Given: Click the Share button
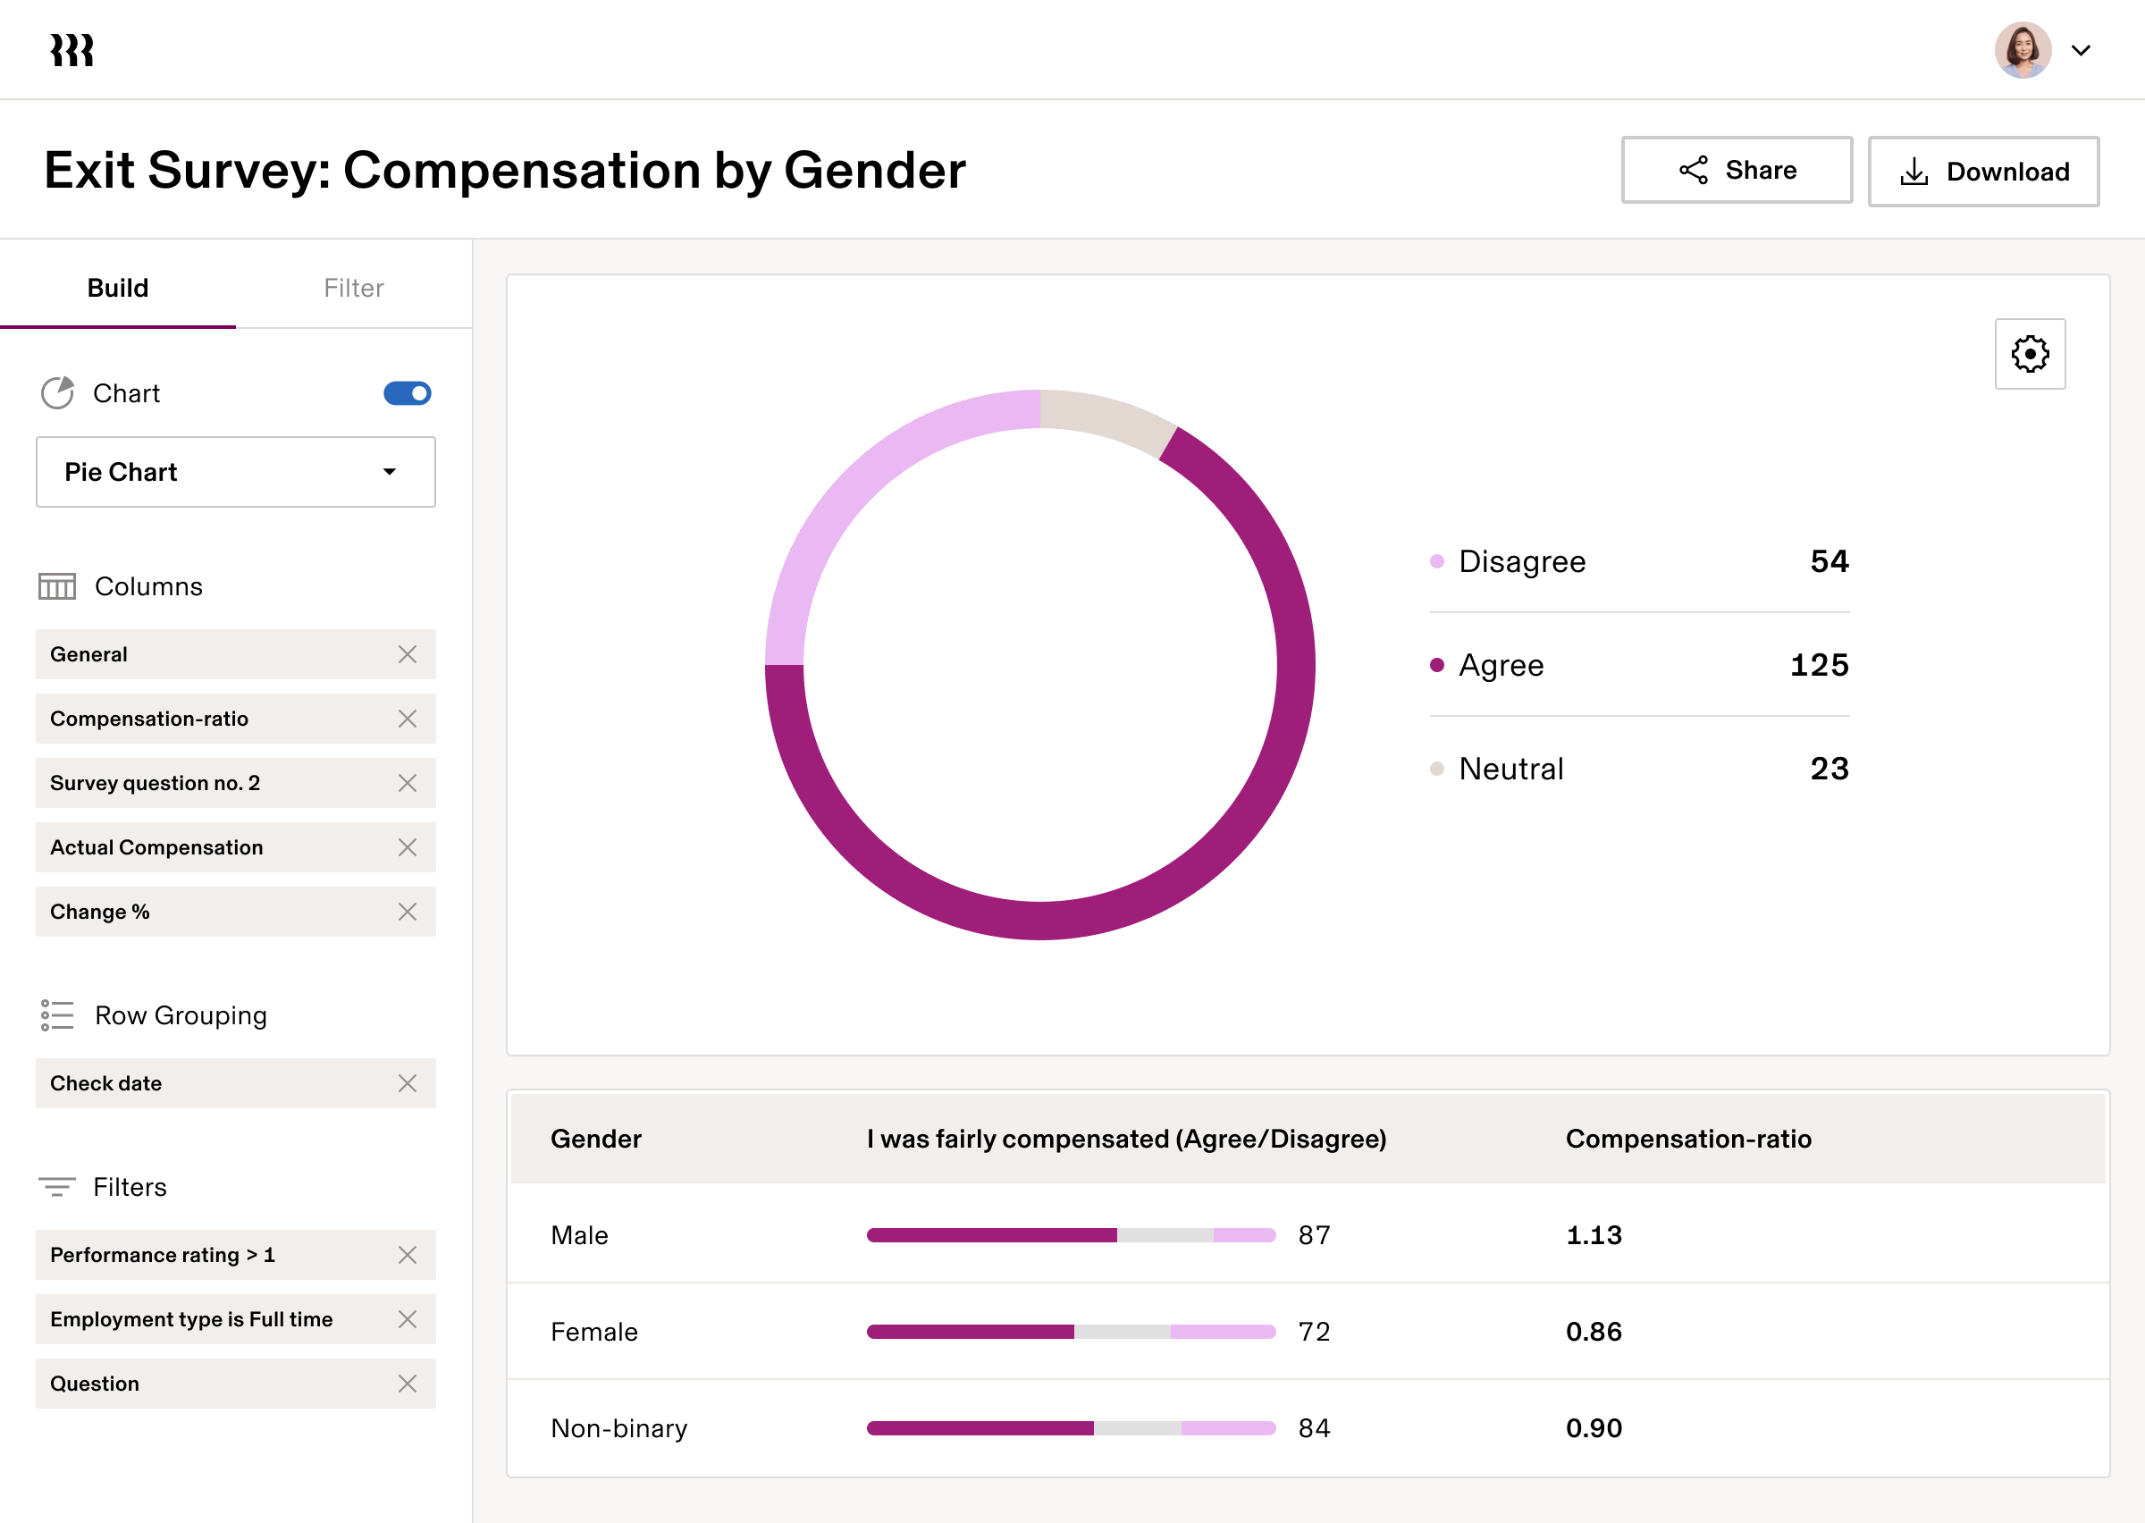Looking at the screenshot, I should (x=1737, y=170).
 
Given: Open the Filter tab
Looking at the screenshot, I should (x=353, y=288).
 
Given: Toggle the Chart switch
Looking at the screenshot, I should (x=407, y=393).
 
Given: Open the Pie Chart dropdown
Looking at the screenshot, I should (x=235, y=472).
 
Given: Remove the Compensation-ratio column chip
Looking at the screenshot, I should (x=407, y=719).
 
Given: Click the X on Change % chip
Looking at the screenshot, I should (x=407, y=912).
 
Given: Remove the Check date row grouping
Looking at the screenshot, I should (x=407, y=1083).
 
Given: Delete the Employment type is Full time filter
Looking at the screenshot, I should (x=407, y=1319).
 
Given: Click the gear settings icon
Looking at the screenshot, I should (x=2030, y=354).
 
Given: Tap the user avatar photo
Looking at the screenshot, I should (x=2023, y=51).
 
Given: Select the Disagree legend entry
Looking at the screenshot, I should (x=1521, y=562).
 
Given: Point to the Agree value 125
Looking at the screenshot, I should (x=1819, y=665).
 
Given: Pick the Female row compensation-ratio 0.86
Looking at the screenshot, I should (x=1593, y=1332).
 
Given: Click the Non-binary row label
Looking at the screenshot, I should (x=618, y=1428).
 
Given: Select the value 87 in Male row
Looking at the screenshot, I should (x=1314, y=1235).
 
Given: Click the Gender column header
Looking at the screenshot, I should (x=595, y=1139).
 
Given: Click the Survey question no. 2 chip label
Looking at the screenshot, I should (x=155, y=783).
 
